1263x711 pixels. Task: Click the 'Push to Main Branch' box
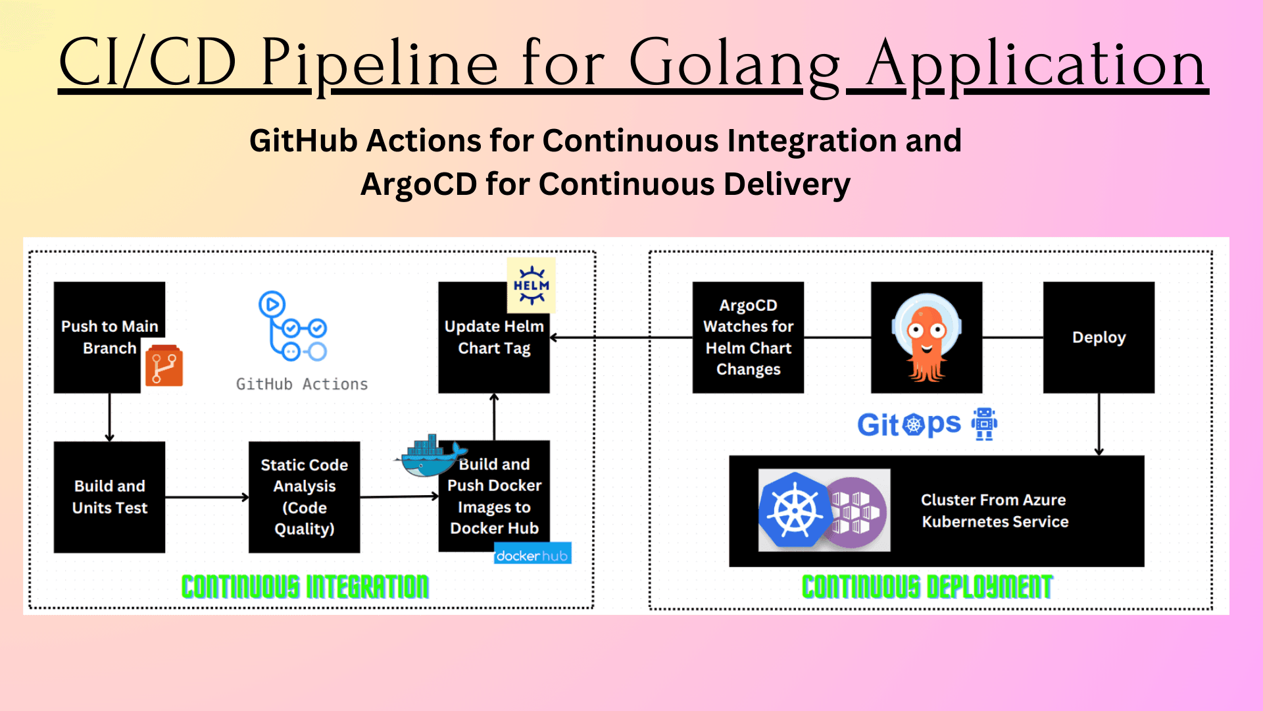pos(109,337)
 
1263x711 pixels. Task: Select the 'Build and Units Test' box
pos(109,497)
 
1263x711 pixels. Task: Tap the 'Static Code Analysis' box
pos(304,497)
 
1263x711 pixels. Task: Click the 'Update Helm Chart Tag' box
pos(494,337)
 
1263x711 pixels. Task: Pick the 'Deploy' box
pos(1099,337)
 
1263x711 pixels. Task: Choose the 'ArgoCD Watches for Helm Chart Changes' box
pos(748,337)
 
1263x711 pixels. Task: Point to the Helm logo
pos(532,285)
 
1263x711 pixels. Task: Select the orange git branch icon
pos(164,365)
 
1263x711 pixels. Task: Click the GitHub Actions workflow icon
pos(293,327)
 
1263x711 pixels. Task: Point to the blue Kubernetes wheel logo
pos(794,510)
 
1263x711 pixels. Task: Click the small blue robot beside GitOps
pos(985,424)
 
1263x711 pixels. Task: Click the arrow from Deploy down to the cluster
pos(1099,425)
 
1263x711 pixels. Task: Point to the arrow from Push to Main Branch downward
pos(109,417)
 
